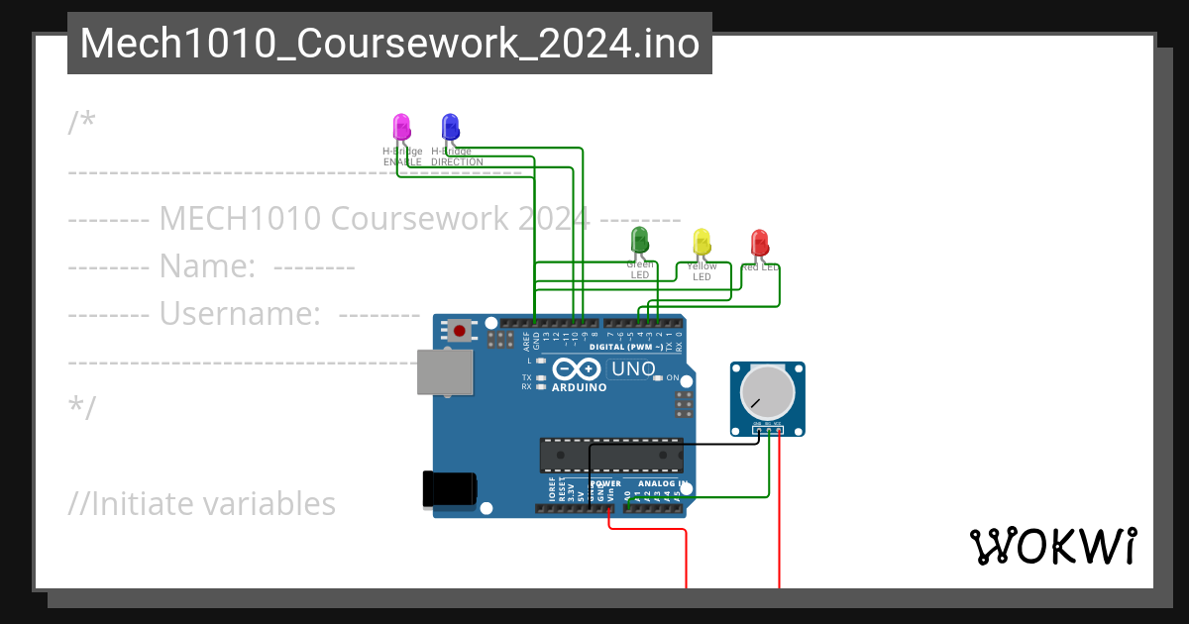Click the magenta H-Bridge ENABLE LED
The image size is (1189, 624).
tap(401, 126)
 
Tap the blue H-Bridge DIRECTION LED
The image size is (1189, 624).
tap(450, 126)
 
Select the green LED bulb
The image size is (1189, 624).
tap(640, 239)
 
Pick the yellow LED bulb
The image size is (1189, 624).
tap(702, 241)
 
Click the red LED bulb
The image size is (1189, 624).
tap(760, 241)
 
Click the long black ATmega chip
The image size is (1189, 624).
tap(610, 454)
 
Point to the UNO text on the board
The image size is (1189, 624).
tap(634, 369)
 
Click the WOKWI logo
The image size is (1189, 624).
tap(1052, 546)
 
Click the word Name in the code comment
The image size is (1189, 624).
tap(209, 266)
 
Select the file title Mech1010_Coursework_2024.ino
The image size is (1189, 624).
tap(389, 45)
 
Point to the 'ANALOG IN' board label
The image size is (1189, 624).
tap(663, 484)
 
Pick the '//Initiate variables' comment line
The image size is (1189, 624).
tap(202, 503)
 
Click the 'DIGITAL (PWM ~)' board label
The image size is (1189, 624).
tap(625, 347)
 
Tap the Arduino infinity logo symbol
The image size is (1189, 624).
tap(577, 369)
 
